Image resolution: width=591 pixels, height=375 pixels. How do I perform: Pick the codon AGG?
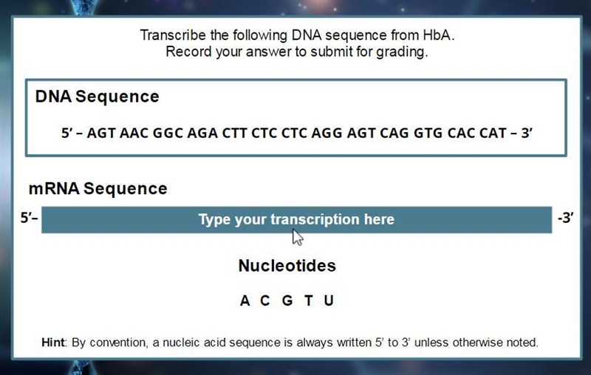point(327,133)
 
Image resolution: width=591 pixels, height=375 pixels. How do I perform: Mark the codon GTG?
point(428,133)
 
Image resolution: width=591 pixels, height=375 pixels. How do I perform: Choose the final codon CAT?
point(493,133)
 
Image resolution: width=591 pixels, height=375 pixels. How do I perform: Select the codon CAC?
point(461,133)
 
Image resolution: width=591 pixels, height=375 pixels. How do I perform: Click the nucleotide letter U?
point(329,300)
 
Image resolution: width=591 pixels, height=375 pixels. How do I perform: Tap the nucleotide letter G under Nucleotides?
point(287,300)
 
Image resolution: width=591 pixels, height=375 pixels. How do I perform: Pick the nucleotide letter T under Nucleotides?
point(309,300)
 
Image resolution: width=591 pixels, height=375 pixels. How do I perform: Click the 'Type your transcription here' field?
point(297,220)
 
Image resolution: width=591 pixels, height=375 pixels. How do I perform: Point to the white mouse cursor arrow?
point(298,237)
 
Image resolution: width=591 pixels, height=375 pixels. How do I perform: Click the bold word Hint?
point(53,343)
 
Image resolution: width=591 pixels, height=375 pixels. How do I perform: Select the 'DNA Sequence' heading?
point(98,97)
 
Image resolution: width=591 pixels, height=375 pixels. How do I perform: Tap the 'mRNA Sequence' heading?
point(98,188)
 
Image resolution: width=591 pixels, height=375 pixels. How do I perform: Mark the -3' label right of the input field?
point(565,218)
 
